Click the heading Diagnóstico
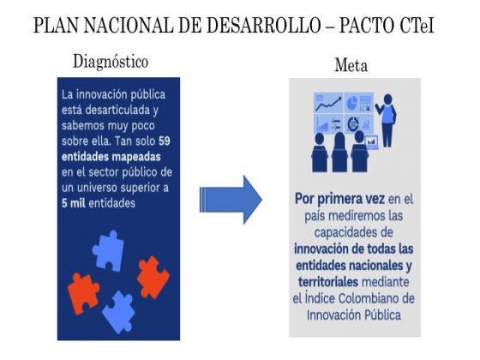(x=111, y=62)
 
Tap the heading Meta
(x=351, y=65)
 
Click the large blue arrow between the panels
(x=231, y=200)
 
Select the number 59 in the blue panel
(x=165, y=141)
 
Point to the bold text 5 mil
(x=74, y=203)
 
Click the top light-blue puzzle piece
(x=108, y=251)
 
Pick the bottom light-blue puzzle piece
(x=119, y=312)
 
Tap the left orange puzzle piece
(x=83, y=294)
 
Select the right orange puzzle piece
(x=153, y=278)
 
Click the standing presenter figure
(x=387, y=120)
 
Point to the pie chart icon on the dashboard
(x=352, y=103)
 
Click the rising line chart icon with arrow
(x=329, y=104)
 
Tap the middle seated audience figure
(x=339, y=153)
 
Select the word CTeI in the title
(x=417, y=25)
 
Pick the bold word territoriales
(x=327, y=282)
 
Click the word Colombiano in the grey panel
(x=369, y=298)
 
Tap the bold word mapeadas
(x=135, y=157)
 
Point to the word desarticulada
(x=117, y=110)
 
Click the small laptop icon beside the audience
(x=372, y=142)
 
